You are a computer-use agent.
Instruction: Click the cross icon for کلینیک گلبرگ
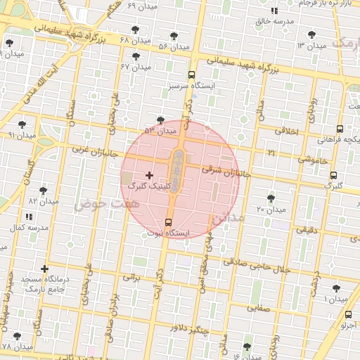tap(149, 174)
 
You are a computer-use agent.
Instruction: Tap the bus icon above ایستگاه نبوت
tap(167, 222)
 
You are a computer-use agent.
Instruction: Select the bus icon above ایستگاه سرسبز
tap(191, 74)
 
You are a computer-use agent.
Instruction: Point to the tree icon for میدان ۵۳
tap(161, 120)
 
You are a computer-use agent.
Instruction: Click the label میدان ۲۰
tap(270, 210)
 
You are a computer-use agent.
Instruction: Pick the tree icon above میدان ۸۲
tap(43, 191)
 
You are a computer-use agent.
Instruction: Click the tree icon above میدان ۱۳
tap(310, 34)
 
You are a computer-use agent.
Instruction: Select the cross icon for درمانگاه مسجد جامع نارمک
tap(45, 269)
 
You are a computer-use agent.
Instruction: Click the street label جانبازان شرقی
tap(226, 169)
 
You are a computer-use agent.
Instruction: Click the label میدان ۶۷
tap(136, 67)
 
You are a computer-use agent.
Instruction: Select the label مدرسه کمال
tap(28, 229)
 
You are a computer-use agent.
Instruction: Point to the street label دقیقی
tap(305, 229)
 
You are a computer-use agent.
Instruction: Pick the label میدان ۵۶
tap(174, 46)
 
